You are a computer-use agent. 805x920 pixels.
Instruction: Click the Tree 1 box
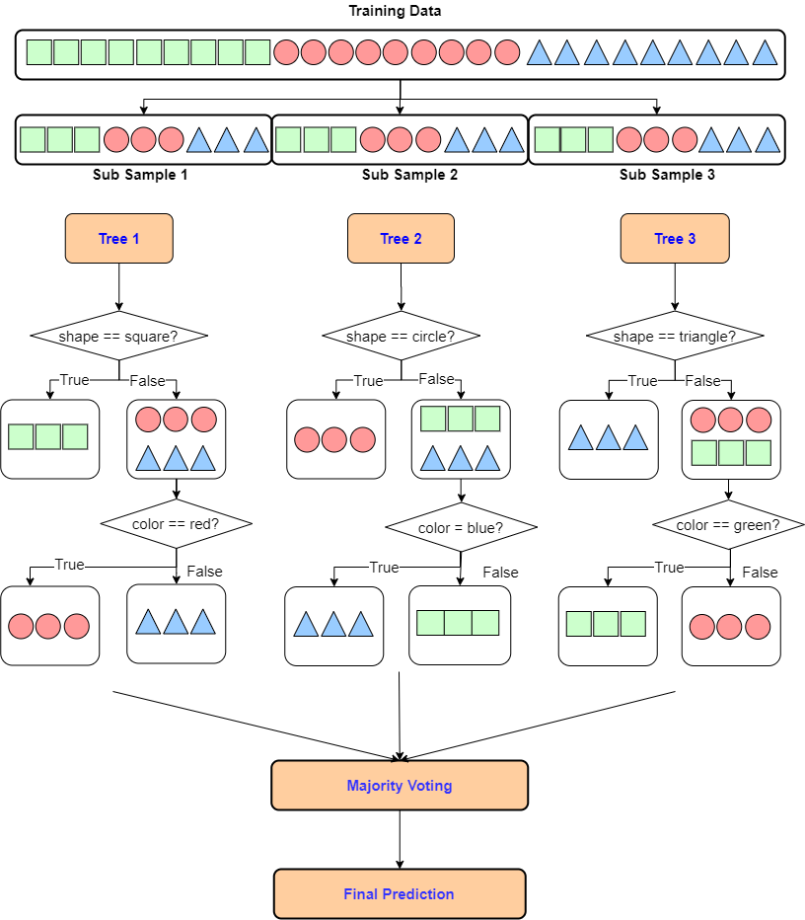click(x=118, y=239)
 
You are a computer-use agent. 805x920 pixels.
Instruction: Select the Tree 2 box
click(x=401, y=239)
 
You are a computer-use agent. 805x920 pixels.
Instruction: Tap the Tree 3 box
click(x=675, y=239)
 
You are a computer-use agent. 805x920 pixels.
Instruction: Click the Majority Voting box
click(x=400, y=786)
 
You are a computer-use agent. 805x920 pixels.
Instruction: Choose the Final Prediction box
click(x=400, y=894)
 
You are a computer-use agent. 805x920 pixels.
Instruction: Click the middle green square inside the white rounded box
click(x=48, y=436)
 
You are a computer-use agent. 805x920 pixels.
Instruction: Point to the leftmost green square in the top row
click(x=38, y=52)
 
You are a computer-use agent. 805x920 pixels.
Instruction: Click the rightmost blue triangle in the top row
click(x=765, y=53)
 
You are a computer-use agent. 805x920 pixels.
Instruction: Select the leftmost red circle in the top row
click(x=286, y=52)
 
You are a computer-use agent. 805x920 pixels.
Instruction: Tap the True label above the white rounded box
click(x=74, y=380)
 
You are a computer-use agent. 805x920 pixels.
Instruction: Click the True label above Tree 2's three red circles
click(x=368, y=381)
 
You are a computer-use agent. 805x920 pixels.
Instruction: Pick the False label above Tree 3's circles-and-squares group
click(x=702, y=381)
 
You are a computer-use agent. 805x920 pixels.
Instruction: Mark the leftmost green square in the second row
click(x=33, y=140)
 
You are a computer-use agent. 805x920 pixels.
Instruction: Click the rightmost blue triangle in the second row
click(x=768, y=141)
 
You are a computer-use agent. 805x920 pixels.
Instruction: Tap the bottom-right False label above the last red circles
click(x=760, y=573)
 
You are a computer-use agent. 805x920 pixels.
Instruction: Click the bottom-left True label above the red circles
click(x=69, y=565)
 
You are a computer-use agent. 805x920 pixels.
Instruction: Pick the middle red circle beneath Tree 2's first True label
click(x=334, y=439)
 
